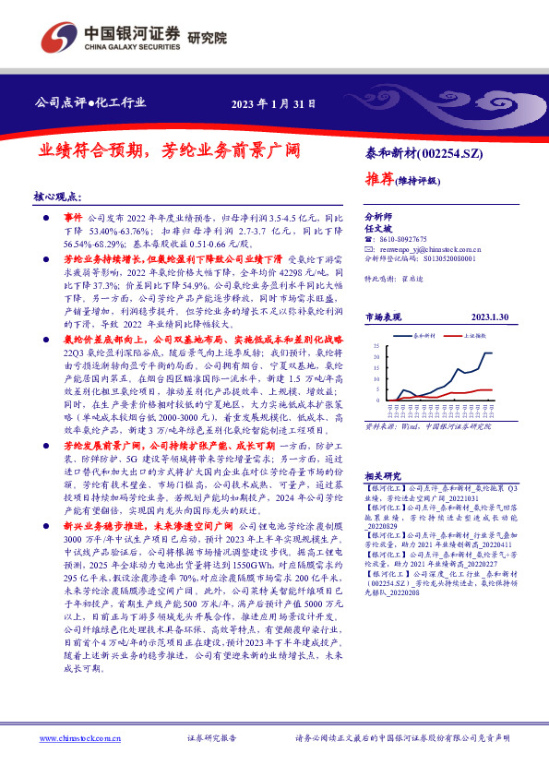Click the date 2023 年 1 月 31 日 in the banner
pyautogui.click(x=271, y=103)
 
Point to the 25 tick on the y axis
pyautogui.click(x=376, y=345)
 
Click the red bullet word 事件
pyautogui.click(x=75, y=212)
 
